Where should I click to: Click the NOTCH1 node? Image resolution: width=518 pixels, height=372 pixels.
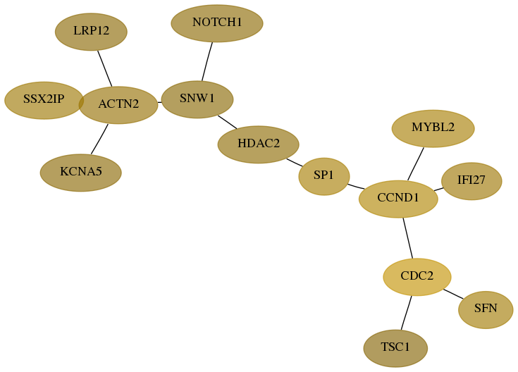(217, 23)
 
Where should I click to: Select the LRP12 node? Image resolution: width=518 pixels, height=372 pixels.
(91, 32)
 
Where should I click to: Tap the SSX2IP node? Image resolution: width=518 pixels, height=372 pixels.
(44, 100)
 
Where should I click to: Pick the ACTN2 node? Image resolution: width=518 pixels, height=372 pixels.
(118, 105)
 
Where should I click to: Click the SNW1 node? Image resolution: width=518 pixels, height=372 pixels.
(197, 99)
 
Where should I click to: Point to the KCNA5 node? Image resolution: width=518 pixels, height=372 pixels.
(81, 173)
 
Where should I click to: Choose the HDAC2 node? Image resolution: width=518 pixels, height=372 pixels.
(259, 144)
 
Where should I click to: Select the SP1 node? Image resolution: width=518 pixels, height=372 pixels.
(324, 176)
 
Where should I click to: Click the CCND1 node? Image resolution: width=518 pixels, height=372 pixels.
(398, 199)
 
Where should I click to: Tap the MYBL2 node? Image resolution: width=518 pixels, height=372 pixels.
(433, 128)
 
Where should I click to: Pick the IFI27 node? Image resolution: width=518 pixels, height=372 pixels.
(471, 181)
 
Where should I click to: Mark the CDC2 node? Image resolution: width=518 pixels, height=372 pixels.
(417, 277)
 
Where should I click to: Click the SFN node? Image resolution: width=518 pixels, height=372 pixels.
(486, 309)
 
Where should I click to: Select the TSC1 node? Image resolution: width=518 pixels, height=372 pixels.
(395, 348)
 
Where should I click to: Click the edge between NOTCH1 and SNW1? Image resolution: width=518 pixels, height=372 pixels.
(207, 61)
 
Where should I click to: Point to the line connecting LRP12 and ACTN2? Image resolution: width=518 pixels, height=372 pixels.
(105, 68)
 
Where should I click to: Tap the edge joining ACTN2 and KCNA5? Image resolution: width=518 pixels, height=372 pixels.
(99, 139)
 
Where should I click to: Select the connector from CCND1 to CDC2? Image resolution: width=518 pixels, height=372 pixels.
(408, 238)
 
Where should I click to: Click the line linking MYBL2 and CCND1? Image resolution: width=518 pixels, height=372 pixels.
(416, 164)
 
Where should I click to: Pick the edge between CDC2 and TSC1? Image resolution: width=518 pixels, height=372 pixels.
(407, 313)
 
